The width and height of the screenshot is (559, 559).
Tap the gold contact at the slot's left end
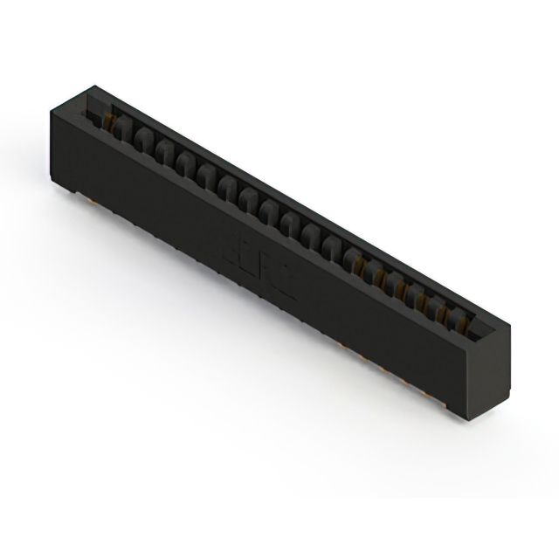point(111,123)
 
